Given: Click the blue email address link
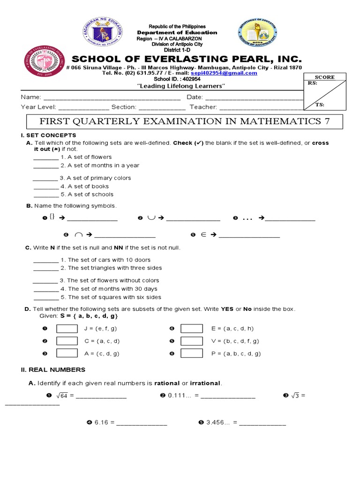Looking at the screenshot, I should [x=217, y=73].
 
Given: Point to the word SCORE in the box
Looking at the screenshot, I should [x=324, y=77].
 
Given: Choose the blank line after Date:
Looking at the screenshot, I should [x=254, y=97].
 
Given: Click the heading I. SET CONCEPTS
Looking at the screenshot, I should [x=45, y=135].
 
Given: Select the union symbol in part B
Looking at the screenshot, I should [x=151, y=218].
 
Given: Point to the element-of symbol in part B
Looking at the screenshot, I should [x=204, y=235].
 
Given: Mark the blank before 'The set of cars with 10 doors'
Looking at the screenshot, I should [x=46, y=260].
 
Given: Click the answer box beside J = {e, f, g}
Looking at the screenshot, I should [x=67, y=329].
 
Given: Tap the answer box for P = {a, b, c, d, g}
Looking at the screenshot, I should [x=191, y=353].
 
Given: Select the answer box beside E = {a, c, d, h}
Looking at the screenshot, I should [x=191, y=329].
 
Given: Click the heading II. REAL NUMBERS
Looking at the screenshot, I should [x=53, y=369].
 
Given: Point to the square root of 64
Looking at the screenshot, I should [x=63, y=396].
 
